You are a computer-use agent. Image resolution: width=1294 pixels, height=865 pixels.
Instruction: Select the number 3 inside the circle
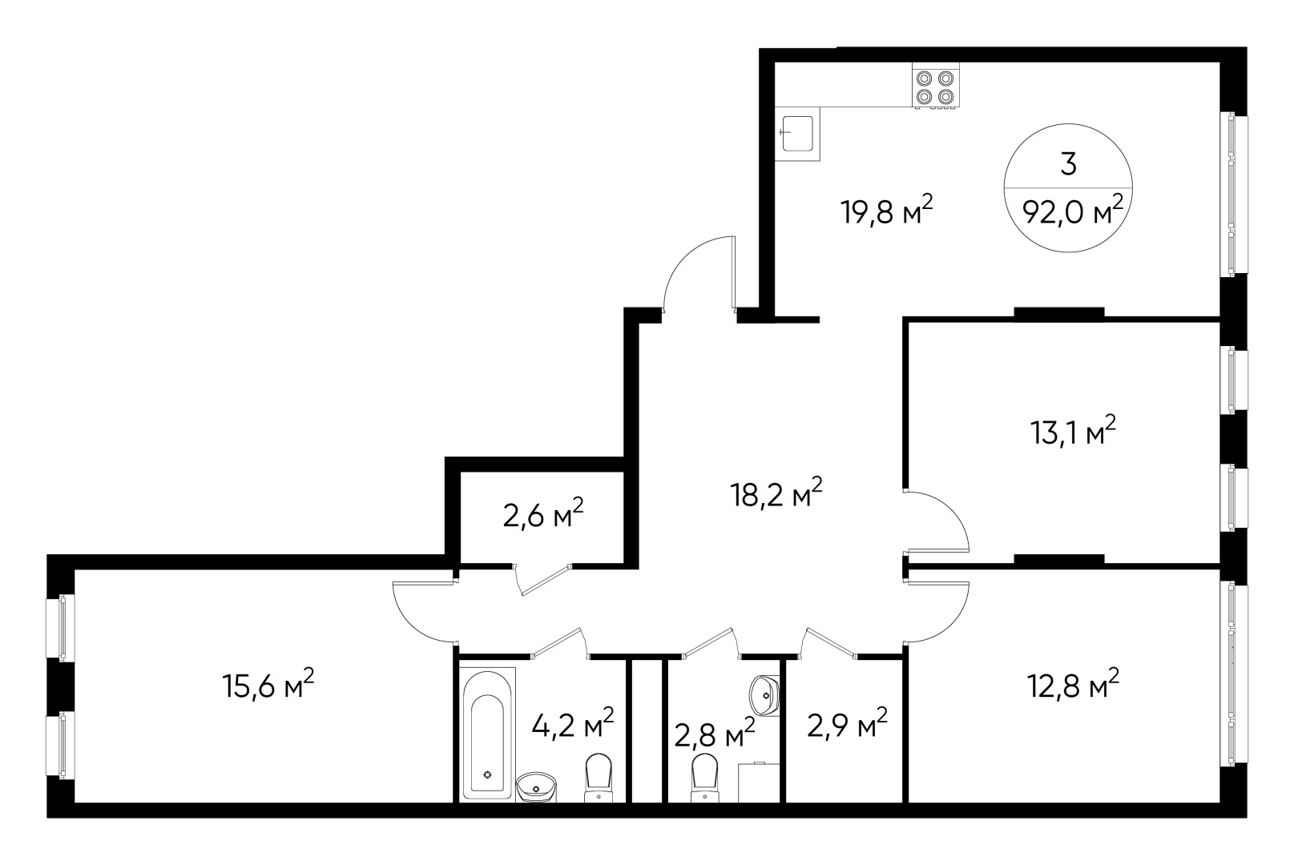pyautogui.click(x=1068, y=164)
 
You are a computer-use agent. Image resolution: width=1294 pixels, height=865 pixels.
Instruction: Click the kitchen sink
pyautogui.click(x=797, y=133)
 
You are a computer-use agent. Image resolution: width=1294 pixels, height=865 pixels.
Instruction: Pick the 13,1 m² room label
pyautogui.click(x=1072, y=433)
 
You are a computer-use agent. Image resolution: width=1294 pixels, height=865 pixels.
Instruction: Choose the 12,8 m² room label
pyautogui.click(x=1072, y=686)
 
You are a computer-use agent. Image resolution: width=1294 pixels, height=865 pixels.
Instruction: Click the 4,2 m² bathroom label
pyautogui.click(x=572, y=725)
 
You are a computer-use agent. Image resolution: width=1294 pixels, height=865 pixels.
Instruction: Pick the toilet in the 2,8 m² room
pyautogui.click(x=703, y=775)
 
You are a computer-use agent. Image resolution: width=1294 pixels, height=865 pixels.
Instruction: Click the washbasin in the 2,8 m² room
pyautogui.click(x=765, y=692)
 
